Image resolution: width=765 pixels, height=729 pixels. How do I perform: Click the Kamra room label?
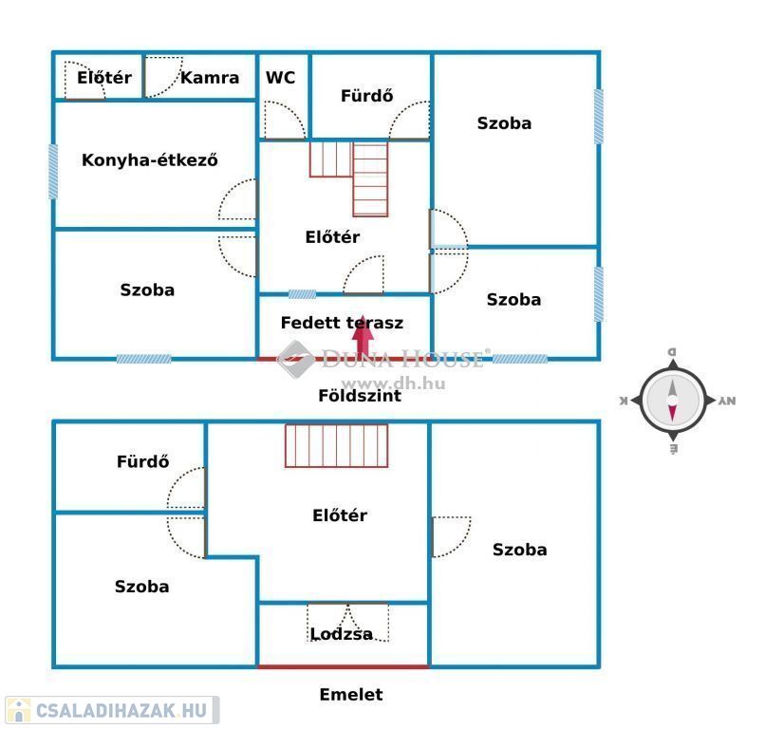coord(210,78)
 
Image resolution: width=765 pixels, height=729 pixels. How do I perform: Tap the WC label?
coord(280,78)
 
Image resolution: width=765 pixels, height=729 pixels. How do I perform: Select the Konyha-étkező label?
coord(150,160)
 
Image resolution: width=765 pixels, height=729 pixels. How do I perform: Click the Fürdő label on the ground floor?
coord(366,96)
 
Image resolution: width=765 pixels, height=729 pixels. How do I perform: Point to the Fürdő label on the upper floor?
coord(143,462)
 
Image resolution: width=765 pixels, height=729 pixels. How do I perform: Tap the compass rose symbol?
coord(672,401)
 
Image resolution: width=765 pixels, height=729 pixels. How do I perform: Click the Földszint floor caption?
coord(360,396)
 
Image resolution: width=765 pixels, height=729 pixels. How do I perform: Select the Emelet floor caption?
coord(350,695)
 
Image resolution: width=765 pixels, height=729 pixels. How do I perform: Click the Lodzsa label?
coord(341,634)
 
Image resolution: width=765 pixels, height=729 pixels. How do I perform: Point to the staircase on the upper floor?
coord(337,446)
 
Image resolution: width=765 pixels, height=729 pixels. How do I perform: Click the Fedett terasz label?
coord(342,323)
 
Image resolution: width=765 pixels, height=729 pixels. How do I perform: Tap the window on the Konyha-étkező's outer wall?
coord(53,171)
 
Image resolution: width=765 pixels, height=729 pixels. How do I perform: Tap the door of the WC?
coord(281,121)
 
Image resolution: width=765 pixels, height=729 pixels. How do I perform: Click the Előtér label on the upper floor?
coord(340,515)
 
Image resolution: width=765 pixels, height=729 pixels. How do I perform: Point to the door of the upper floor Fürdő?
coord(186,489)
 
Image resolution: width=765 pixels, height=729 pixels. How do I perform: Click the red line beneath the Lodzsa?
coord(343,666)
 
